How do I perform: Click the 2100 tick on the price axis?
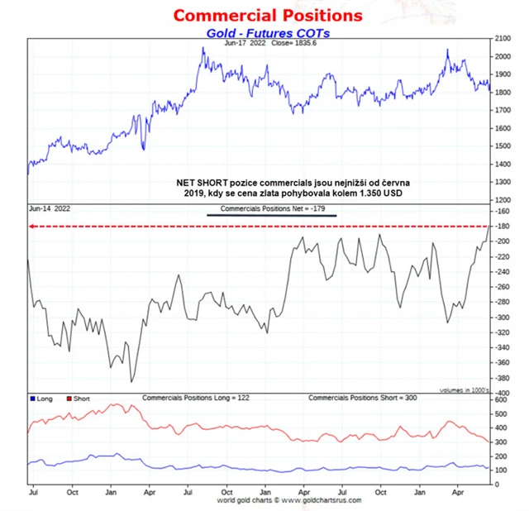pyautogui.click(x=503, y=39)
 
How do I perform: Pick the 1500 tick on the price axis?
pyautogui.click(x=503, y=146)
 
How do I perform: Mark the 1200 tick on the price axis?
pyautogui.click(x=503, y=200)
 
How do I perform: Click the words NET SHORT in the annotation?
pyautogui.click(x=202, y=181)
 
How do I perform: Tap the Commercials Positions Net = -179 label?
pyautogui.click(x=272, y=209)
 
